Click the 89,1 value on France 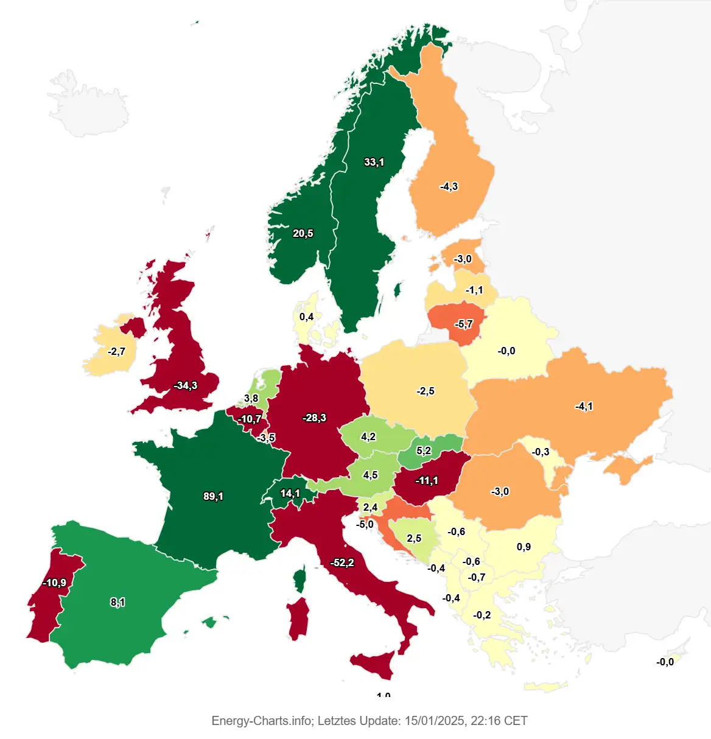[x=213, y=496]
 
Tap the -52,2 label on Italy [x=342, y=562]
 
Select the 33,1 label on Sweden [x=374, y=162]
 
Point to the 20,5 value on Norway [x=303, y=233]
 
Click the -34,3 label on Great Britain [x=185, y=385]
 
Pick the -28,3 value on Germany [x=314, y=418]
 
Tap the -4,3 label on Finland [x=449, y=186]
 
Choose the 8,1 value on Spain [x=117, y=602]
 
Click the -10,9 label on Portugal [x=54, y=583]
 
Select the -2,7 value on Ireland [x=116, y=351]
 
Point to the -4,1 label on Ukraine [x=584, y=406]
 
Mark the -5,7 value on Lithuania [x=463, y=324]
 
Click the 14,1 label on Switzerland [x=290, y=493]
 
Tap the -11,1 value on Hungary [x=427, y=480]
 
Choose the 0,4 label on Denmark [x=306, y=317]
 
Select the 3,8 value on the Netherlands [x=251, y=398]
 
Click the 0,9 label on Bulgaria [x=524, y=547]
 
